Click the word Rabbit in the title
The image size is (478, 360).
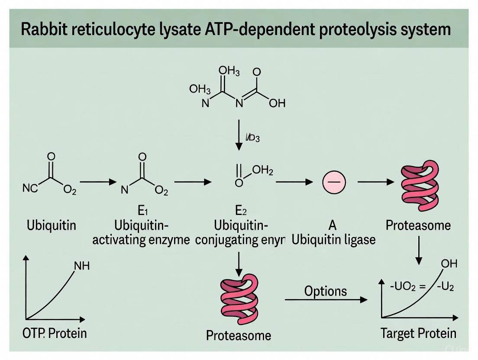[45, 29]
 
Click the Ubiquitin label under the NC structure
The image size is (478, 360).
[51, 225]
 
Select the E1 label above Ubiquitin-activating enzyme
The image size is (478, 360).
[143, 211]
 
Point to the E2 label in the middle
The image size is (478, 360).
[241, 211]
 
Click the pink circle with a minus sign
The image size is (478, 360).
[334, 183]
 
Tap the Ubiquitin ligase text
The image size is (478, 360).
[333, 239]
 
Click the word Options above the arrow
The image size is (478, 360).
[325, 291]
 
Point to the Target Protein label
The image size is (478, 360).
[418, 333]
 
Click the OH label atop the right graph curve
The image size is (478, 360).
[449, 264]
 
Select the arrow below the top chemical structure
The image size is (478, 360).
[238, 135]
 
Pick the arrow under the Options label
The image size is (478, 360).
[326, 299]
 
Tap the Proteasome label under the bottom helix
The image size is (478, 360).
[239, 335]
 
